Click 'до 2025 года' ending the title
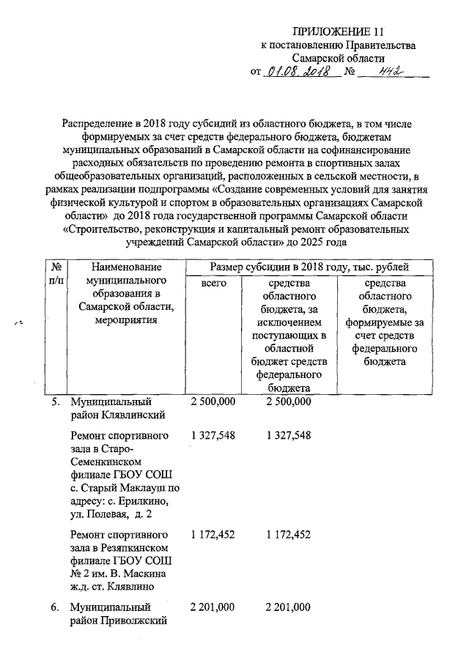(x=314, y=242)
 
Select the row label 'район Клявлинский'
(x=116, y=415)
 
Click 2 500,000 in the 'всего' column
(x=213, y=402)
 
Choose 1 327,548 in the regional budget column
(x=289, y=436)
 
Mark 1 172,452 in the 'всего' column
(x=213, y=535)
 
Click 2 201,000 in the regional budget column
(x=289, y=607)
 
